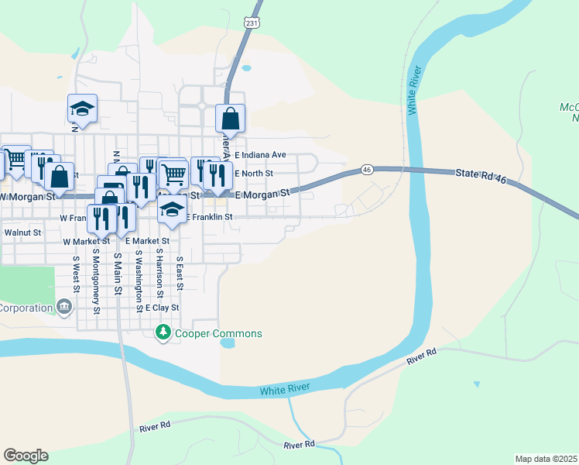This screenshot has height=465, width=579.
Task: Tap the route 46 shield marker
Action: (x=367, y=169)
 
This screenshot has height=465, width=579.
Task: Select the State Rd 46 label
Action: (x=480, y=178)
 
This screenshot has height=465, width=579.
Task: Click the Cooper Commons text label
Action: (x=218, y=334)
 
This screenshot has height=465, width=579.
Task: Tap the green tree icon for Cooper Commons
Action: (x=163, y=333)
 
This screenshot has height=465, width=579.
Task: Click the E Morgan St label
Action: (x=262, y=193)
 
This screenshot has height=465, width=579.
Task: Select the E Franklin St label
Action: (x=209, y=218)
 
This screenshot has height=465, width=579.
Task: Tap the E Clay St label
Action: (x=157, y=308)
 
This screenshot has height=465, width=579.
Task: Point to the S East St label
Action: (x=179, y=274)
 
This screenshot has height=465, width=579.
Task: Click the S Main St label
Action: (x=118, y=273)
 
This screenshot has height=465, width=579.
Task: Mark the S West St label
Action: (x=76, y=274)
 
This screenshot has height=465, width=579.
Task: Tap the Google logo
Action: (x=26, y=456)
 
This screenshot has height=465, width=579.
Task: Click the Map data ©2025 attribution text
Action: (x=546, y=459)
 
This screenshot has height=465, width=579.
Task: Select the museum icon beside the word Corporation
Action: (x=64, y=308)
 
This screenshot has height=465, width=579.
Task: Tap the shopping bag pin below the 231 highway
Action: (x=230, y=119)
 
